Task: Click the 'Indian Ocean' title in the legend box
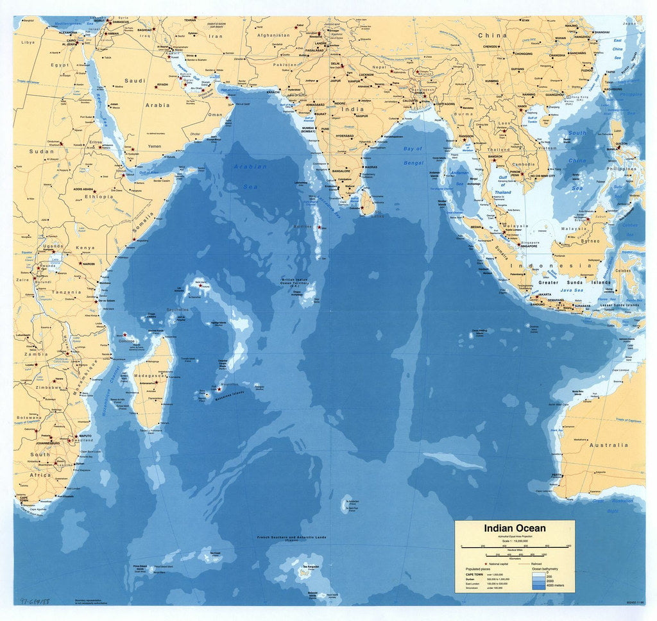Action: click(x=515, y=529)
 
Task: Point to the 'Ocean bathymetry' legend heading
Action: click(x=546, y=568)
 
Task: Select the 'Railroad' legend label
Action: click(x=536, y=563)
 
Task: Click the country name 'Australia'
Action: click(x=609, y=445)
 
